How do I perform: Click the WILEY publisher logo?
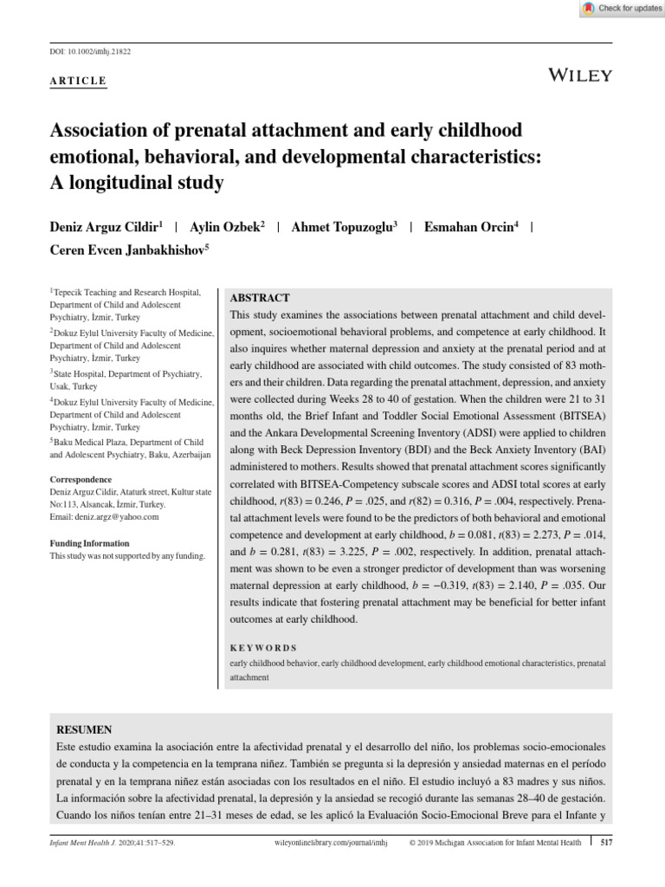click(x=580, y=75)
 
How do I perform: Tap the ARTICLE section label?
click(x=78, y=81)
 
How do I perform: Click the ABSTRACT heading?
click(x=260, y=297)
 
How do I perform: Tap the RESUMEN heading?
click(x=84, y=730)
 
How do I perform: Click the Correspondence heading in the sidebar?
click(x=81, y=479)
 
